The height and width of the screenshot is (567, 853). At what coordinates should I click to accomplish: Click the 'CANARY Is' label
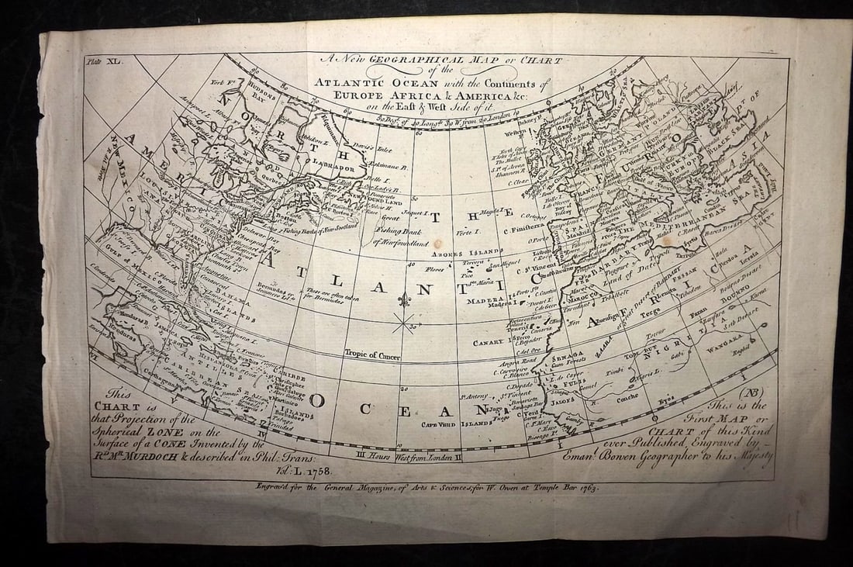491,342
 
